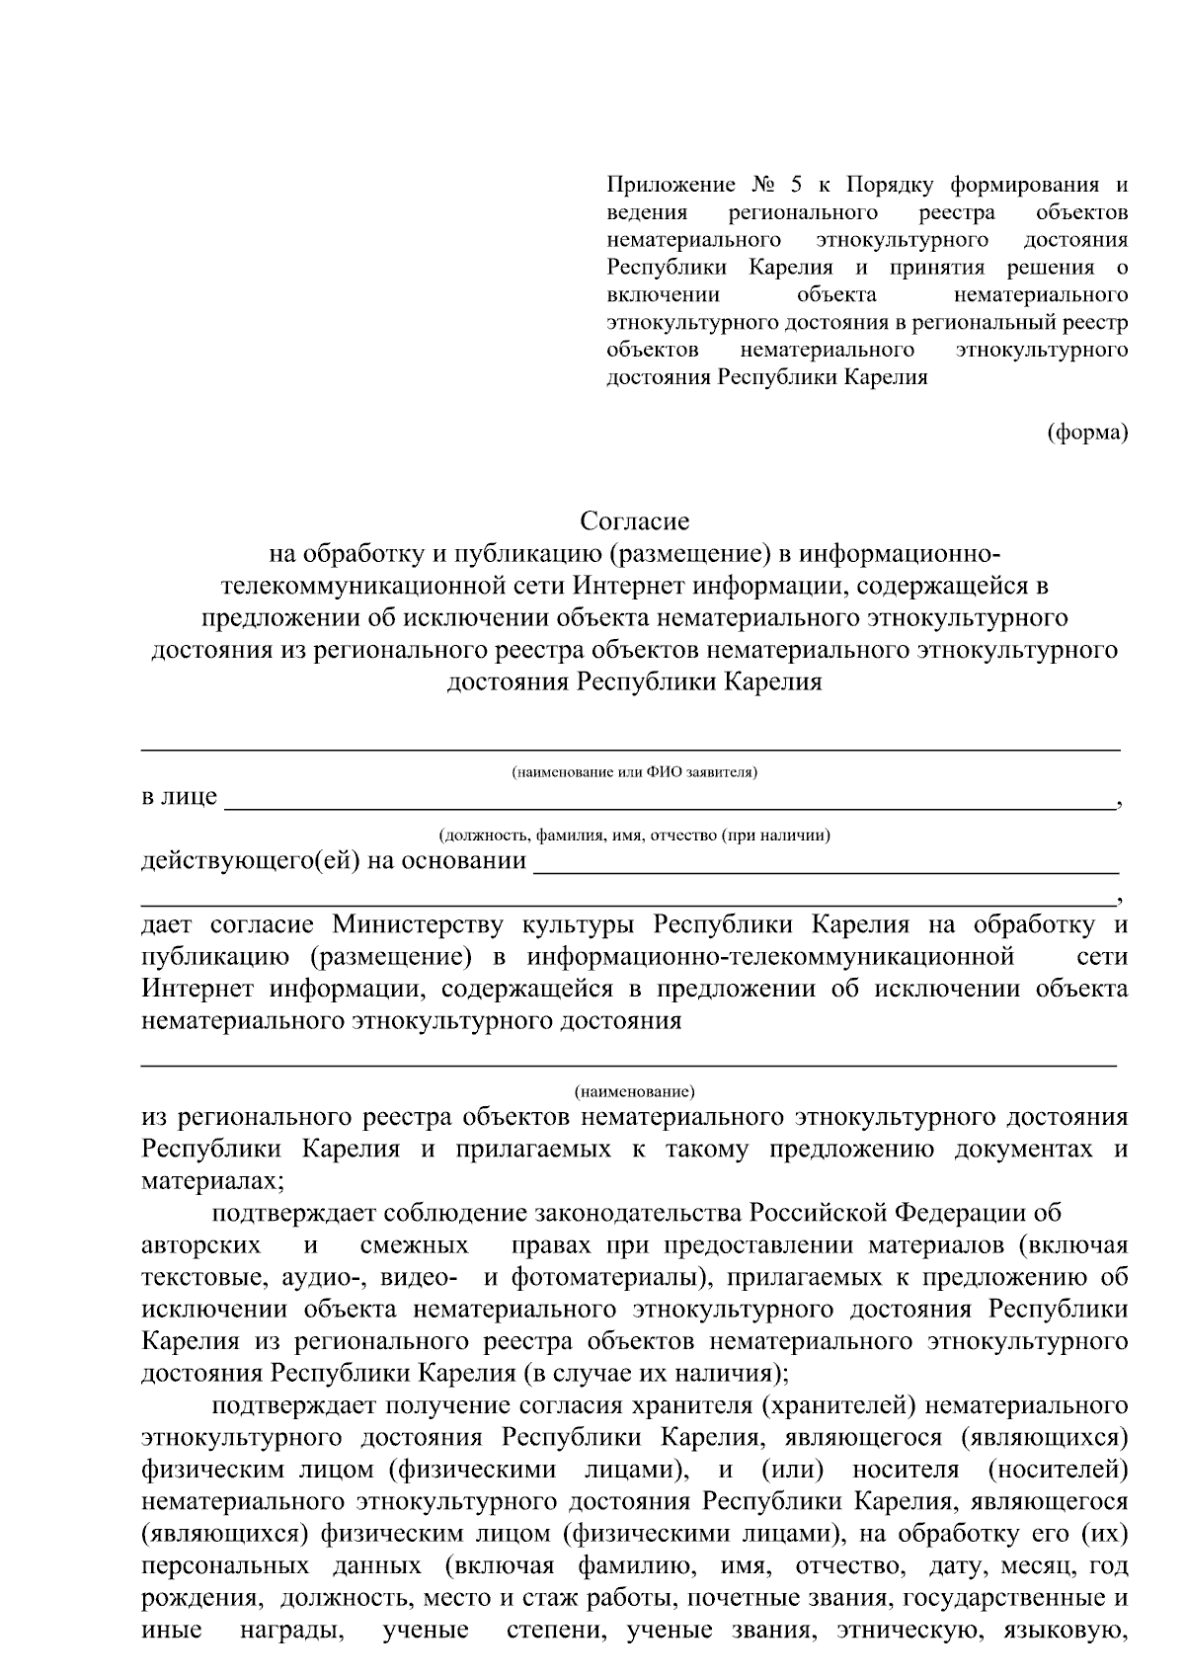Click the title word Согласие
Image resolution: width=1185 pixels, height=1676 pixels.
634,520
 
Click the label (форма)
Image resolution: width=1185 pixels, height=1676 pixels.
1087,432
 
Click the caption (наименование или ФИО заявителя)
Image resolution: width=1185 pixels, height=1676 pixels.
634,771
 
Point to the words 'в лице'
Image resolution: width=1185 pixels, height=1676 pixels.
180,797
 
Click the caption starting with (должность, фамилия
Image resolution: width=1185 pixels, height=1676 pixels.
634,835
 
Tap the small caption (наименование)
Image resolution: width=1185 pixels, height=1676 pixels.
634,1091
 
